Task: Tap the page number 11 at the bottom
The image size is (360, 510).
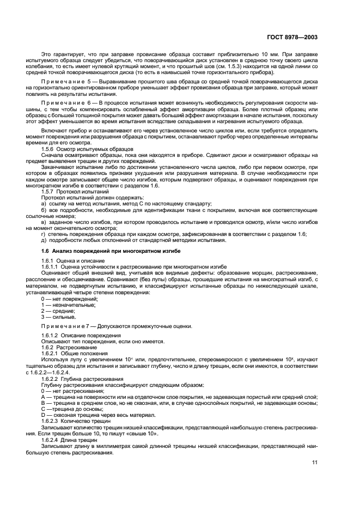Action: click(x=314, y=463)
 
